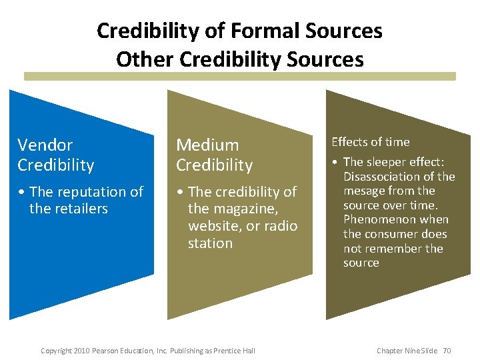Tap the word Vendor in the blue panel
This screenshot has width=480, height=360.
coord(45,145)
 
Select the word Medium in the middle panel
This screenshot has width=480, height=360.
coord(207,145)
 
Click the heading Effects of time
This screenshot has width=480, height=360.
coord(371,141)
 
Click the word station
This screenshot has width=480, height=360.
coord(210,243)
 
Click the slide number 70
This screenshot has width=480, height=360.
coord(447,351)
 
